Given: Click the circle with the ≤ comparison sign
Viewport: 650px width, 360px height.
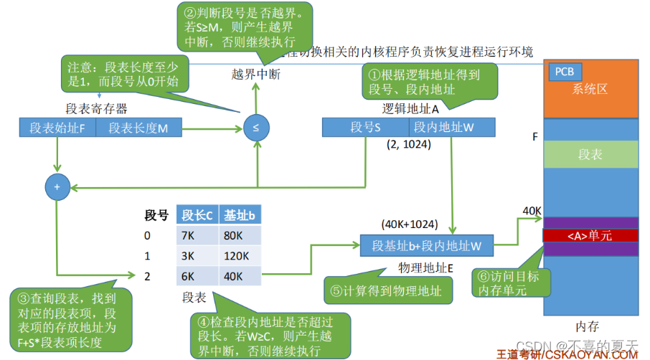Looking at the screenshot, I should [x=255, y=128].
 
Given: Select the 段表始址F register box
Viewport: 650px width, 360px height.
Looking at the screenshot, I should [x=58, y=128].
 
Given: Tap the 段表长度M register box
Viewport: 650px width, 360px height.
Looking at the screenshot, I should [x=138, y=128].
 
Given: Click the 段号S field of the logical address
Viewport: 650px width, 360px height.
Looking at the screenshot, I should [x=365, y=128].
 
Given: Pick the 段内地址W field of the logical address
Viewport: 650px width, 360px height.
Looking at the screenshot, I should [x=452, y=128].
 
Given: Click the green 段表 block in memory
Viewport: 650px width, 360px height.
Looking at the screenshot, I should [x=590, y=154].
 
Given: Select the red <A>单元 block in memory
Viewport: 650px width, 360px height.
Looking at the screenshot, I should [x=590, y=235].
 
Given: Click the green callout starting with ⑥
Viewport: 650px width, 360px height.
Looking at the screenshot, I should [x=510, y=283].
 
